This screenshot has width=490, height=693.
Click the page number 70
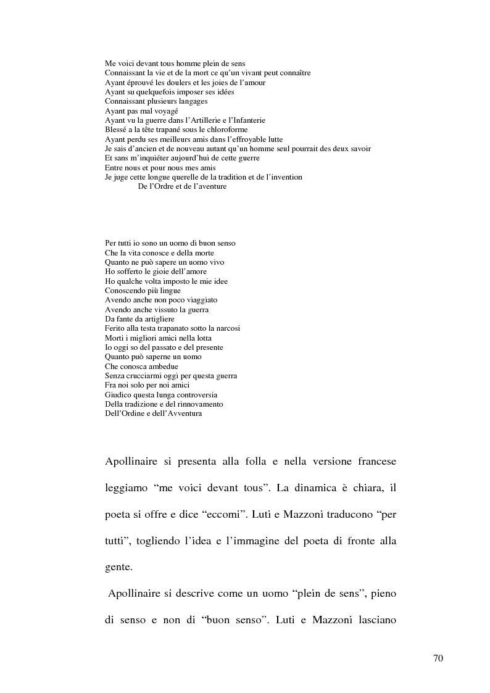tap(438, 658)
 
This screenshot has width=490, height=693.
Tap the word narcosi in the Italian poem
tap(226, 328)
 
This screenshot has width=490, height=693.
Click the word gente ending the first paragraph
tap(118, 567)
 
